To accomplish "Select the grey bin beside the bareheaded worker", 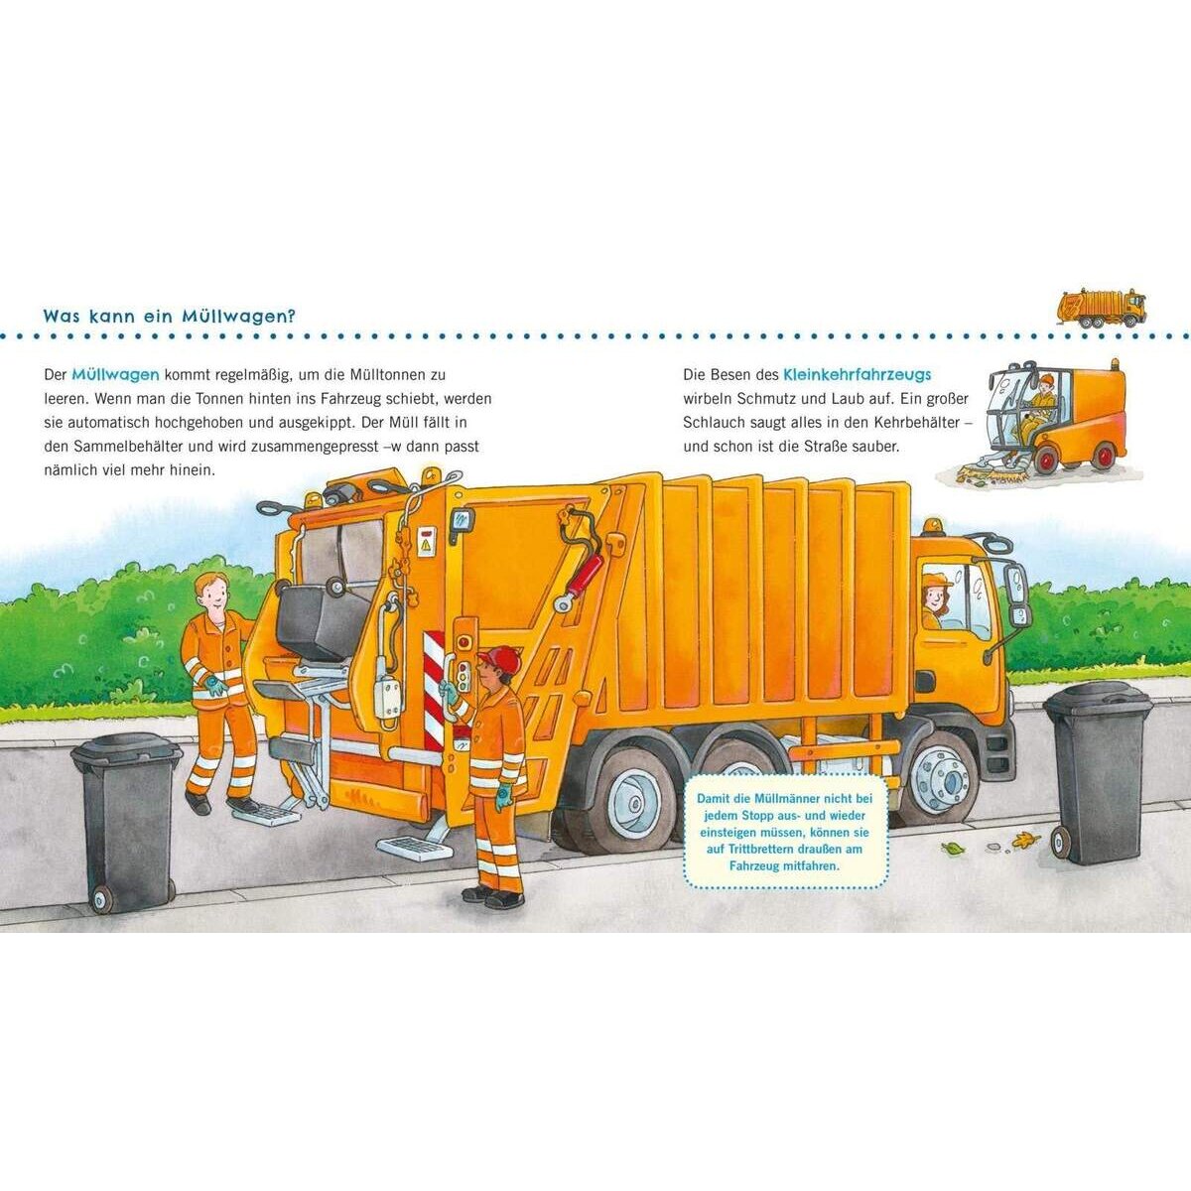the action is click(x=127, y=822).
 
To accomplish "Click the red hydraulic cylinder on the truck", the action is click(x=586, y=576).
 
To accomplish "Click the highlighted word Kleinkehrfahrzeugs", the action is click(x=858, y=374).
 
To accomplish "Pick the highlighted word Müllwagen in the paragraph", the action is click(x=115, y=374).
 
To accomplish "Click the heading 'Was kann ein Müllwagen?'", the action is click(x=170, y=317).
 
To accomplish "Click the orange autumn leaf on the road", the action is click(x=1025, y=840).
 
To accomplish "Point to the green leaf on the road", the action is click(x=953, y=849).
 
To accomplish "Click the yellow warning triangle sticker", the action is click(x=426, y=545).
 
